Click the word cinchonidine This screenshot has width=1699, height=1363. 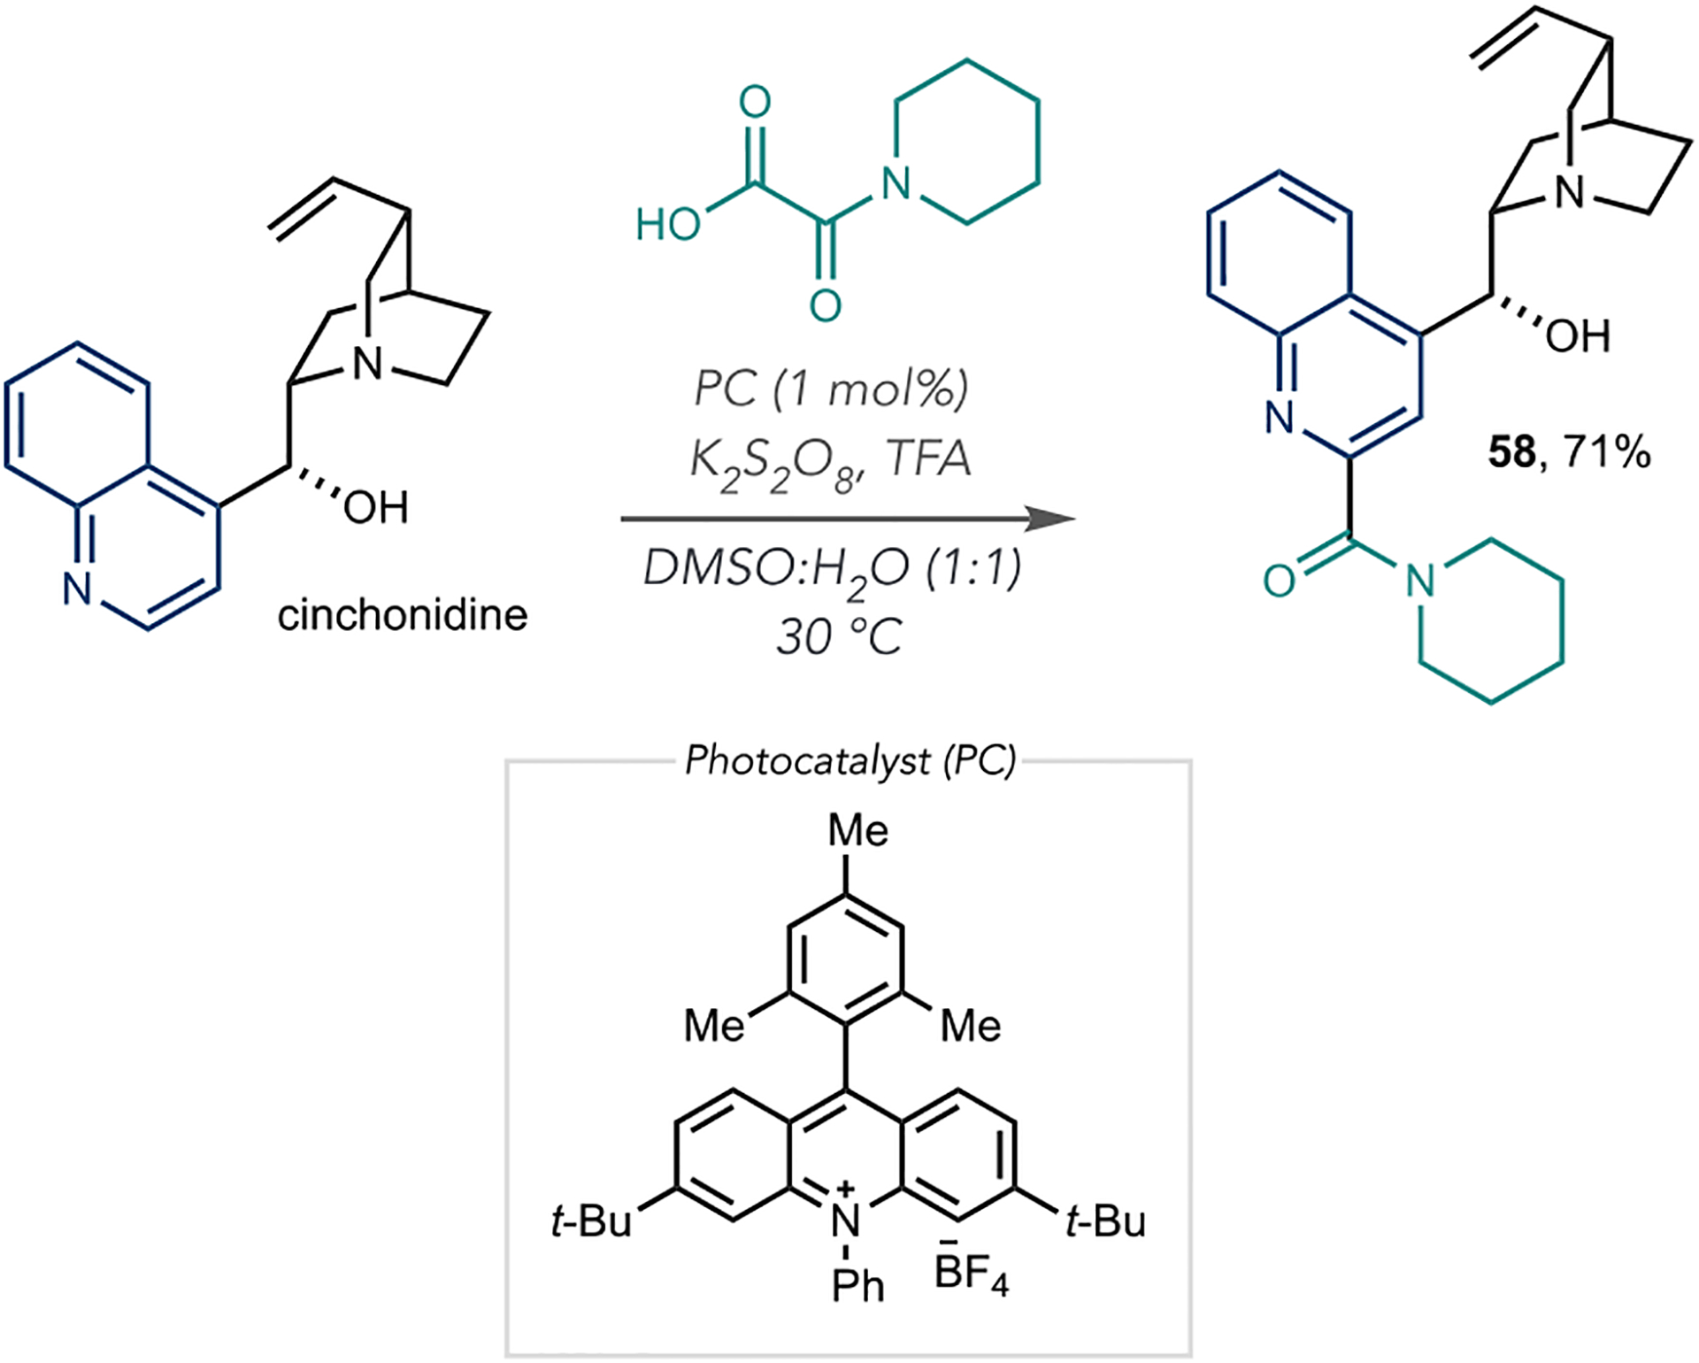pos(403,615)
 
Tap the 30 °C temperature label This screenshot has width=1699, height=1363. pos(839,636)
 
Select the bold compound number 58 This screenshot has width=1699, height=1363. pos(1511,452)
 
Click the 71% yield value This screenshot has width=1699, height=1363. pos(1606,452)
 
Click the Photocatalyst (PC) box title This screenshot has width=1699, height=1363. pos(849,761)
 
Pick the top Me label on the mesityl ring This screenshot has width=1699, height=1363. pos(857,831)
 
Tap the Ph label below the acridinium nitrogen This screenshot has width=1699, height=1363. pos(857,1286)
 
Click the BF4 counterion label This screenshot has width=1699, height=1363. pos(972,1275)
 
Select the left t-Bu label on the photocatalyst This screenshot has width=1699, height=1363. pos(591,1222)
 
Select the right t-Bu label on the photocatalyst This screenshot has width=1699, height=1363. pos(1105,1222)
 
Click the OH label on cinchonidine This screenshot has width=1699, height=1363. pos(376,508)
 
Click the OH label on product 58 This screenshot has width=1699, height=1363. pos(1578,336)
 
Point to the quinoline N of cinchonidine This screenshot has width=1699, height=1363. pos(78,589)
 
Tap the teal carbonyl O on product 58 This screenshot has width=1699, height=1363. pos(1280,581)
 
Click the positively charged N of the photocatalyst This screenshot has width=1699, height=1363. pos(846,1221)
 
